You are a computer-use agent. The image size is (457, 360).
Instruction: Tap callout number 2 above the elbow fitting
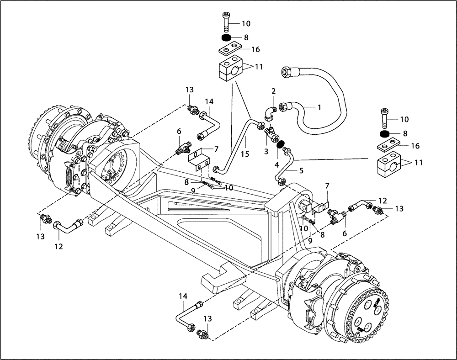[x=273, y=91]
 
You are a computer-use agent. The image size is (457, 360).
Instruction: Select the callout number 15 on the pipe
[x=245, y=154]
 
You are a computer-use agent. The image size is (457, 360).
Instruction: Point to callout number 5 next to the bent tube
[x=276, y=164]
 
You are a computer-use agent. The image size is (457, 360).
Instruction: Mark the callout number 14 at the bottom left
[x=183, y=296]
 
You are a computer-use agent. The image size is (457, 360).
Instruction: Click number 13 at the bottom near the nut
[x=207, y=318]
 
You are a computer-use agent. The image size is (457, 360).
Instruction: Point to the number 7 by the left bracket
[x=216, y=149]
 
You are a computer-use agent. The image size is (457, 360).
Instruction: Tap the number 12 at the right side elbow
[x=382, y=200]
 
